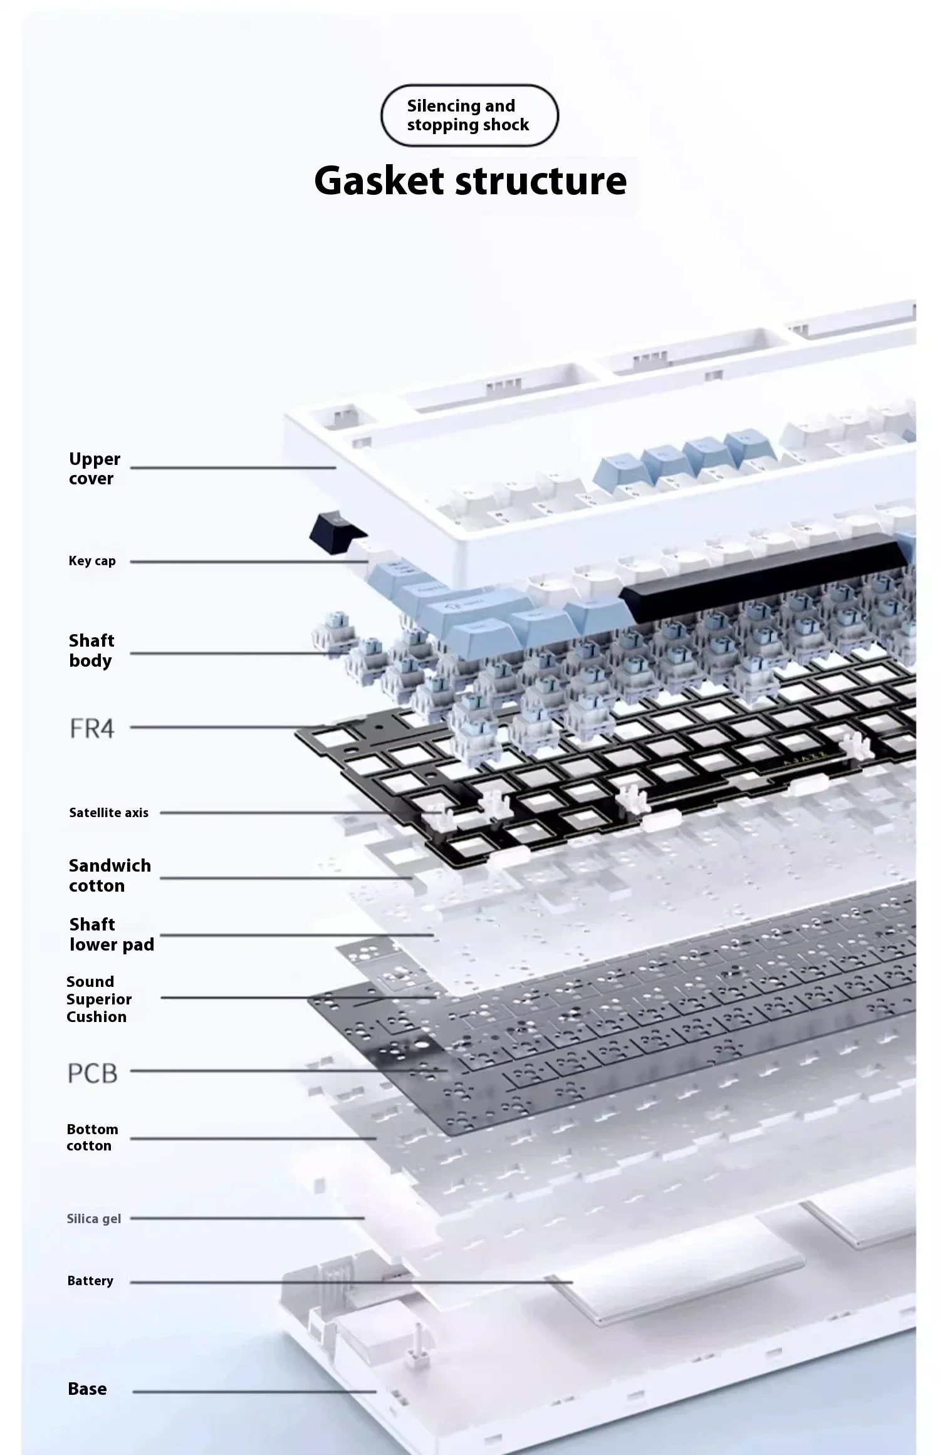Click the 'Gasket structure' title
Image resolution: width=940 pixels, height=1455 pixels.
point(470,180)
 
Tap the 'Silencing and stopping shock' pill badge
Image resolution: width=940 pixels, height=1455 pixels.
point(469,115)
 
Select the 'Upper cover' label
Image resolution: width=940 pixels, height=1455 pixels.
point(94,469)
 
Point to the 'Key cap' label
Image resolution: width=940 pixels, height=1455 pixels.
point(92,561)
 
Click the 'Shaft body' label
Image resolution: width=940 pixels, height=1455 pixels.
point(91,650)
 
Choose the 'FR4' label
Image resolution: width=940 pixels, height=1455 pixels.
point(92,728)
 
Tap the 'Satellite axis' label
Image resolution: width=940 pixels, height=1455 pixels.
point(108,813)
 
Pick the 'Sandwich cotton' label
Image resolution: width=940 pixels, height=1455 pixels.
point(110,875)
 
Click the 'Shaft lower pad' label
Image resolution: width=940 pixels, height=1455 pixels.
point(112,934)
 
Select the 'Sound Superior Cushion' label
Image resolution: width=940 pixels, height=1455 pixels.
point(99,999)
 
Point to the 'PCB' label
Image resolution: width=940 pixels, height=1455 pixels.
point(92,1073)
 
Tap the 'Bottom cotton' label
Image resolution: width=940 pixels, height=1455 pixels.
point(92,1137)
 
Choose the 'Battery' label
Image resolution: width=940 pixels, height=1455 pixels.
point(90,1280)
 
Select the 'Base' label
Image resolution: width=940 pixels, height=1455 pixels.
point(87,1389)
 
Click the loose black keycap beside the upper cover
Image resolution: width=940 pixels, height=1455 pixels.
point(337,533)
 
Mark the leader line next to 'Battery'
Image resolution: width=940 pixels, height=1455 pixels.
point(352,1282)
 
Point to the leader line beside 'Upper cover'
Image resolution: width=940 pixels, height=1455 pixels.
point(233,467)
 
